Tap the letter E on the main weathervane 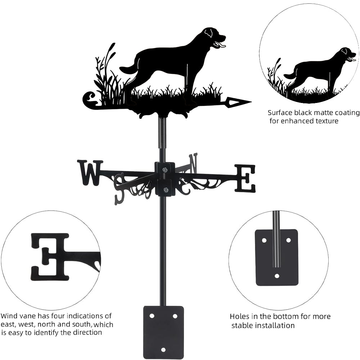[x=245, y=178]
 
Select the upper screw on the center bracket [x=165, y=170]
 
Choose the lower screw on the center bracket [x=165, y=190]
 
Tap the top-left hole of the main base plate [x=152, y=316]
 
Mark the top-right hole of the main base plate [x=175, y=316]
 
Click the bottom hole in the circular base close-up [x=277, y=276]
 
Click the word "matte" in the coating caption [x=320, y=112]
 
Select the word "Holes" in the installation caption [x=239, y=316]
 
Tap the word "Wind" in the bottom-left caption [x=9, y=316]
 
